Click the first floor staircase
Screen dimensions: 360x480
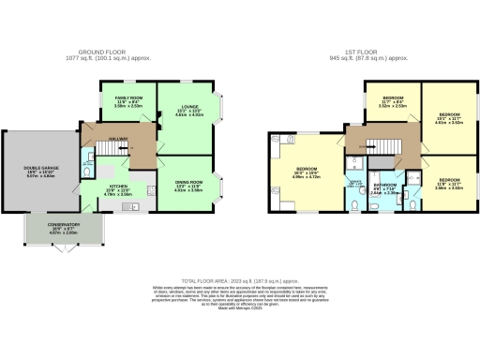382,145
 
